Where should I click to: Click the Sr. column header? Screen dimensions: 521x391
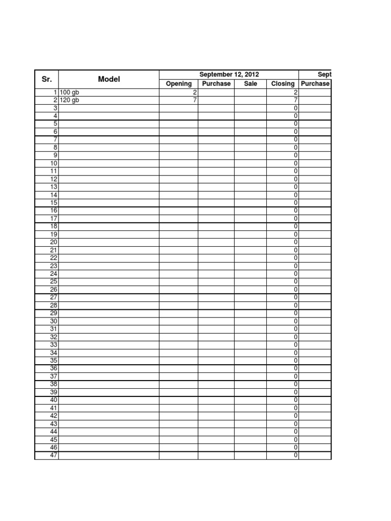point(46,79)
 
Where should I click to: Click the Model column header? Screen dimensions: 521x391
point(108,79)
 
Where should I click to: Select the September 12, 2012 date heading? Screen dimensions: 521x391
point(229,75)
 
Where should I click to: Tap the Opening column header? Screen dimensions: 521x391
point(179,84)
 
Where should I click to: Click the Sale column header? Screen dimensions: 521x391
point(250,84)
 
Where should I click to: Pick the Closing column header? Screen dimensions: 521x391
point(283,84)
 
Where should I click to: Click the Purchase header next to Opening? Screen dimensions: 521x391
point(216,84)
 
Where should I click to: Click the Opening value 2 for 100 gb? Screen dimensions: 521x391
point(194,93)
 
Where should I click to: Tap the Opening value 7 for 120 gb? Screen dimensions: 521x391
point(194,100)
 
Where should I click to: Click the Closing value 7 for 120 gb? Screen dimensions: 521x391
point(296,100)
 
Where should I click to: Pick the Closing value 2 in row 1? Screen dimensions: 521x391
point(296,93)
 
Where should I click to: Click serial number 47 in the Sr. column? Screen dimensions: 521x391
point(53,455)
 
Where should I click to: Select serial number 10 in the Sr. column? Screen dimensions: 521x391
point(53,163)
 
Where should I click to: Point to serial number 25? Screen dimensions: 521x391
point(53,281)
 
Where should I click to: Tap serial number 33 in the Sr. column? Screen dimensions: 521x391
point(53,344)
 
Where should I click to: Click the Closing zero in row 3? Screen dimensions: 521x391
point(296,108)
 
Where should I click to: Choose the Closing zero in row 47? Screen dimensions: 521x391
point(296,455)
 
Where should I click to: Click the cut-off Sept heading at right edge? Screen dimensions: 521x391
point(324,75)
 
